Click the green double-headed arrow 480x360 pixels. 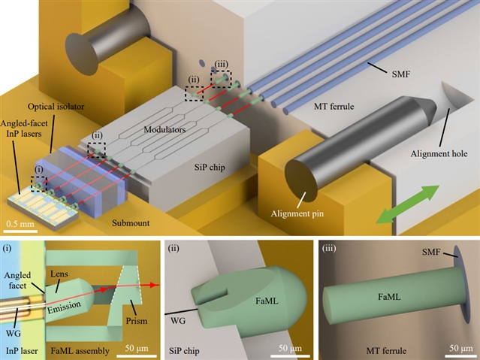[x=407, y=204]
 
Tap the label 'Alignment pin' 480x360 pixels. [x=297, y=213]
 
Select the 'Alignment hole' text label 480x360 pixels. [x=439, y=153]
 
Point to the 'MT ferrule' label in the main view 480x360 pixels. [x=334, y=107]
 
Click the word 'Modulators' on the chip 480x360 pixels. [x=165, y=129]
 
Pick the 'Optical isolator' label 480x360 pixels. [x=56, y=107]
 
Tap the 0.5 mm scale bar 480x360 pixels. [x=20, y=231]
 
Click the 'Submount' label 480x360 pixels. [x=131, y=222]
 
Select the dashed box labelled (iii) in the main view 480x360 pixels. [x=221, y=79]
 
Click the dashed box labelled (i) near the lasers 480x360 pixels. [x=39, y=184]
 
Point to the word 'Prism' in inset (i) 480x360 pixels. [x=137, y=321]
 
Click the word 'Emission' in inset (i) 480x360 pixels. [x=64, y=307]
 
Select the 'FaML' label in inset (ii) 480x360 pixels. [x=267, y=301]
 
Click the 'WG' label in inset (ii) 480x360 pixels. [x=178, y=321]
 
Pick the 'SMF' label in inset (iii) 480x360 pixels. [x=431, y=253]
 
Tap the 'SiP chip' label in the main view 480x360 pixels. [x=210, y=168]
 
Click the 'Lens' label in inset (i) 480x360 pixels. [x=59, y=274]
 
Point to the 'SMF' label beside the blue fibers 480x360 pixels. [x=400, y=74]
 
